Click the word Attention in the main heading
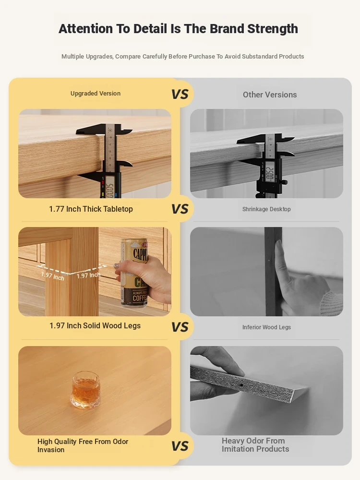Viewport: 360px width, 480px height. pyautogui.click(x=86, y=29)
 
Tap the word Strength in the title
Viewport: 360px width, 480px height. pyautogui.click(x=273, y=29)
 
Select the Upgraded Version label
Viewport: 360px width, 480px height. pyautogui.click(x=96, y=94)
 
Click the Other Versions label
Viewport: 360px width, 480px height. pyautogui.click(x=270, y=95)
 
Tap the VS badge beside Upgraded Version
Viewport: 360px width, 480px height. pyautogui.click(x=180, y=94)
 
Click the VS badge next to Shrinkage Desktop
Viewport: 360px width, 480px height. pyautogui.click(x=180, y=209)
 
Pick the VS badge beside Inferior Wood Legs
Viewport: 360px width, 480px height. pyautogui.click(x=180, y=327)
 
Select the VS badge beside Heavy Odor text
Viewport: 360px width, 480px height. pyautogui.click(x=180, y=446)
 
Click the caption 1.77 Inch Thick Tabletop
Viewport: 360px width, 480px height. pyautogui.click(x=91, y=209)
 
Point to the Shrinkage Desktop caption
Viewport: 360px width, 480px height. pyautogui.click(x=266, y=209)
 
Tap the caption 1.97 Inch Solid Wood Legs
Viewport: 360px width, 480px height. pyautogui.click(x=95, y=325)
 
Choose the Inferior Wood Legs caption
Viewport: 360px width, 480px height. pyautogui.click(x=266, y=327)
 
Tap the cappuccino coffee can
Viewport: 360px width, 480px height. pyautogui.click(x=135, y=273)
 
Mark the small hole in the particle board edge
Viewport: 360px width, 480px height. pyautogui.click(x=241, y=385)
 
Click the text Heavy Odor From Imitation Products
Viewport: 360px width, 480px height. pyautogui.click(x=255, y=445)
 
